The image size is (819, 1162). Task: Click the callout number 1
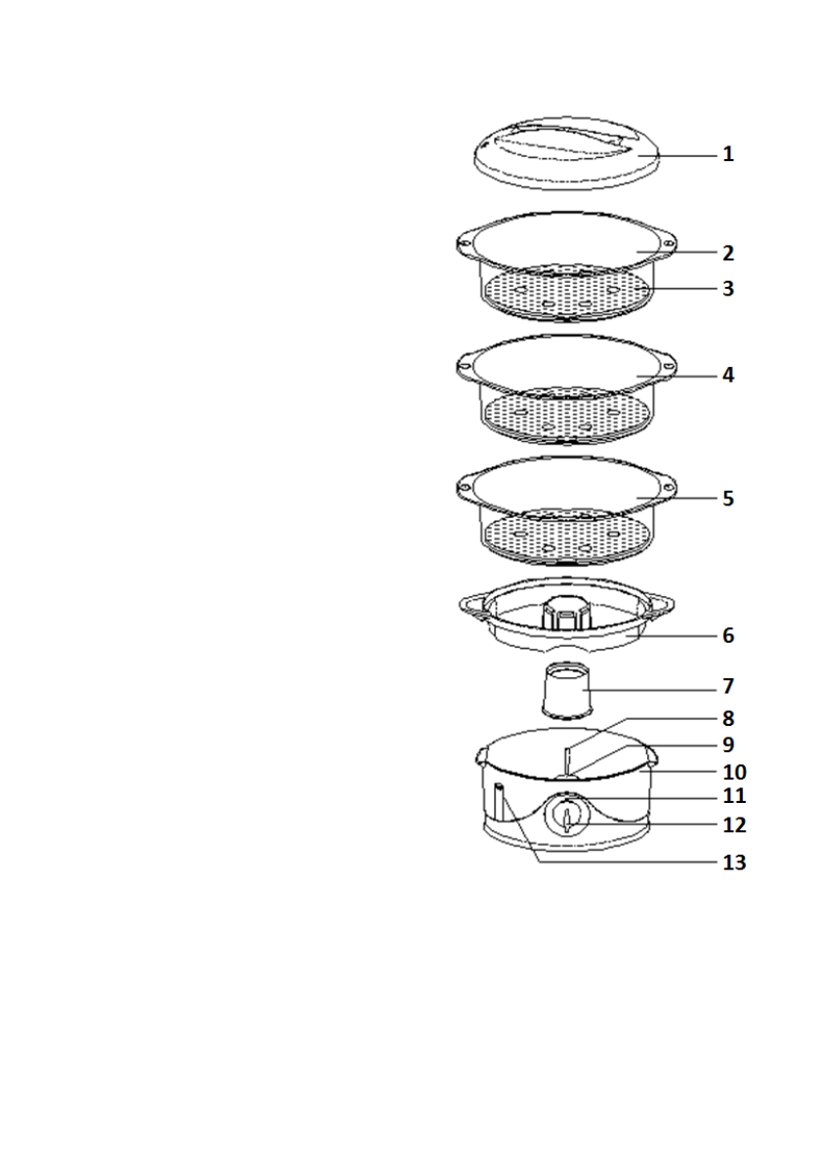pyautogui.click(x=727, y=154)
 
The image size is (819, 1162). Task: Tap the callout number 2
pyautogui.click(x=727, y=253)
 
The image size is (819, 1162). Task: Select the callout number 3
pyautogui.click(x=727, y=289)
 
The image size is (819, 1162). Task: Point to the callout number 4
pyautogui.click(x=727, y=375)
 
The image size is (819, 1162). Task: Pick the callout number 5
pyautogui.click(x=727, y=498)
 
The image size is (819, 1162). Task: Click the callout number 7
pyautogui.click(x=727, y=685)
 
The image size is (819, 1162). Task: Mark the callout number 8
pyautogui.click(x=727, y=718)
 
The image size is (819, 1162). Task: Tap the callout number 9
pyautogui.click(x=727, y=744)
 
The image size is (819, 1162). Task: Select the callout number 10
pyautogui.click(x=733, y=771)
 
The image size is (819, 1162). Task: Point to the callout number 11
pyautogui.click(x=733, y=796)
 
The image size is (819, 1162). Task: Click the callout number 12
pyautogui.click(x=733, y=824)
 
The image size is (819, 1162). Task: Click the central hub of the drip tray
pyautogui.click(x=563, y=614)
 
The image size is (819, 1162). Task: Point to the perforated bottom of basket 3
pyautogui.click(x=565, y=292)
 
